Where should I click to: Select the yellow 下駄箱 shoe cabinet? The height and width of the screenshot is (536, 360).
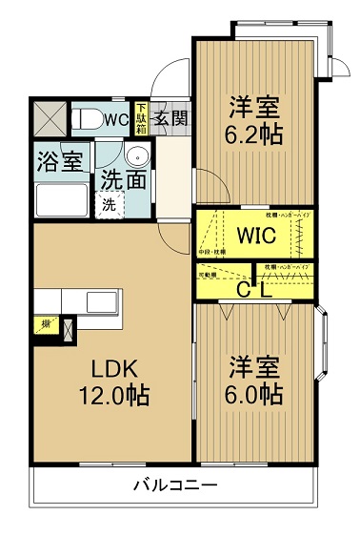(x=141, y=118)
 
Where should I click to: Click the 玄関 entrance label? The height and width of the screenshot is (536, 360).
(x=170, y=119)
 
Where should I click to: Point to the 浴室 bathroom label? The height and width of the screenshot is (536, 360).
(x=59, y=161)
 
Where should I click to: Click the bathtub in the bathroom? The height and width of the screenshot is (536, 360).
(x=61, y=200)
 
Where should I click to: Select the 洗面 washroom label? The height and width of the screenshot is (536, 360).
(x=124, y=179)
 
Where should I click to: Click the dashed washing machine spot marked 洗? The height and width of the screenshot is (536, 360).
(x=110, y=203)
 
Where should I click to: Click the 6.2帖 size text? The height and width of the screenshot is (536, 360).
(x=254, y=134)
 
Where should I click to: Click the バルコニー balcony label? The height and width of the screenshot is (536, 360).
(x=173, y=485)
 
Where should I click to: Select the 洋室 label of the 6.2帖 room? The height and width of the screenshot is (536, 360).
(x=254, y=106)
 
